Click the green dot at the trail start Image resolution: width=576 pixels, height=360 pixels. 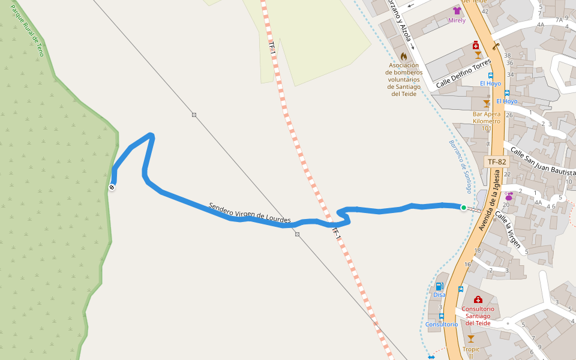pyautogui.click(x=463, y=208)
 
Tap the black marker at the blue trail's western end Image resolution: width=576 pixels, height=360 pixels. pyautogui.click(x=112, y=188)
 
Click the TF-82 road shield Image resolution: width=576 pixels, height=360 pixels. pyautogui.click(x=496, y=162)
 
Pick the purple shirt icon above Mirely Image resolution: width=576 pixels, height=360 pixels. pyautogui.click(x=457, y=11)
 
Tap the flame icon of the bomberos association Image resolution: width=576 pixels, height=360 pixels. pyautogui.click(x=403, y=56)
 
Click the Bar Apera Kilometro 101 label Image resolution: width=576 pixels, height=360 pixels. pyautogui.click(x=487, y=121)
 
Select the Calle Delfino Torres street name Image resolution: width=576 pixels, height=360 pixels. pyautogui.click(x=463, y=74)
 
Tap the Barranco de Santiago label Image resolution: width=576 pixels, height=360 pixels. pyautogui.click(x=460, y=166)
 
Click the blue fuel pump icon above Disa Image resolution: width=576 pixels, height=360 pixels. pyautogui.click(x=439, y=286)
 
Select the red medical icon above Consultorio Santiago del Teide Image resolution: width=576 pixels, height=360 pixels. pyautogui.click(x=478, y=299)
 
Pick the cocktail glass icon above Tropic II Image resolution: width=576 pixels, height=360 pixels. pyautogui.click(x=471, y=339)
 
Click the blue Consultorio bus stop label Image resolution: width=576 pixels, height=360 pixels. pyautogui.click(x=442, y=324)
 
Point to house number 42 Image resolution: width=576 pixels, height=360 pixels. pyautogui.click(x=485, y=11)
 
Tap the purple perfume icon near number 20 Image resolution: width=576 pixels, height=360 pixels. pyautogui.click(x=509, y=196)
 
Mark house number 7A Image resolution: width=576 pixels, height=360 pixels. pyautogui.click(x=559, y=20)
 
